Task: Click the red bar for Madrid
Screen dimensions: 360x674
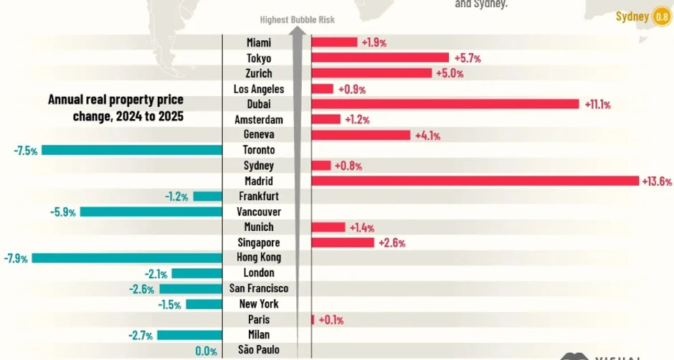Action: tap(475, 181)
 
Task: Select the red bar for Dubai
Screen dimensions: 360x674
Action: tap(445, 104)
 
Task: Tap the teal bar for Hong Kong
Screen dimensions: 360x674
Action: tap(127, 257)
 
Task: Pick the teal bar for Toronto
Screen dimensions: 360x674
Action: tap(132, 150)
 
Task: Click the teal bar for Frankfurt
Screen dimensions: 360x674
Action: tap(208, 196)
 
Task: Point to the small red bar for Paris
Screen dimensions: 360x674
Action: tap(313, 319)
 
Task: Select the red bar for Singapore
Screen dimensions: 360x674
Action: tap(343, 242)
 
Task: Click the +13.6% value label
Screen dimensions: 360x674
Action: tap(657, 181)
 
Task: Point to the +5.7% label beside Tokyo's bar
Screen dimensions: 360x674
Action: tap(467, 58)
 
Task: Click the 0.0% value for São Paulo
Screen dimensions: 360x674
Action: tap(207, 351)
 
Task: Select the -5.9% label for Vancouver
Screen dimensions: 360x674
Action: tap(64, 212)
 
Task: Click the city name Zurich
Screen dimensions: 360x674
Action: tap(258, 73)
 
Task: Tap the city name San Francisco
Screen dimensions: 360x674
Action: tap(258, 288)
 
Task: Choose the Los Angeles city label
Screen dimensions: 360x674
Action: tap(258, 89)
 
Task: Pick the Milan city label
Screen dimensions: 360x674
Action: tap(258, 335)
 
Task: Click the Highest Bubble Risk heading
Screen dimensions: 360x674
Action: tap(297, 20)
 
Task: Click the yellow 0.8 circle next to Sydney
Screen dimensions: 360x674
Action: tap(662, 16)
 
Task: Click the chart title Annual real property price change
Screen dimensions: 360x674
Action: tap(115, 107)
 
